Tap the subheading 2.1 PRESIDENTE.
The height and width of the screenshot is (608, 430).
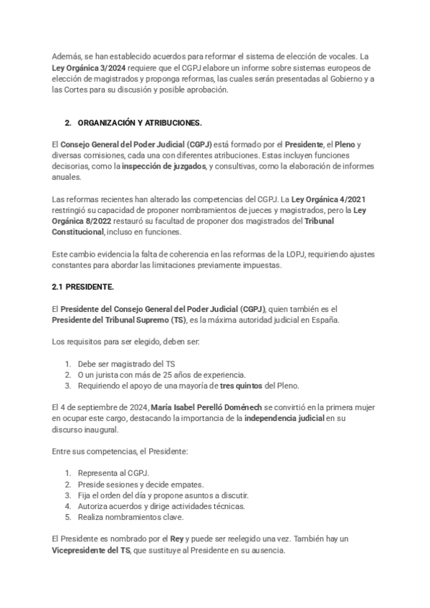click(83, 287)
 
